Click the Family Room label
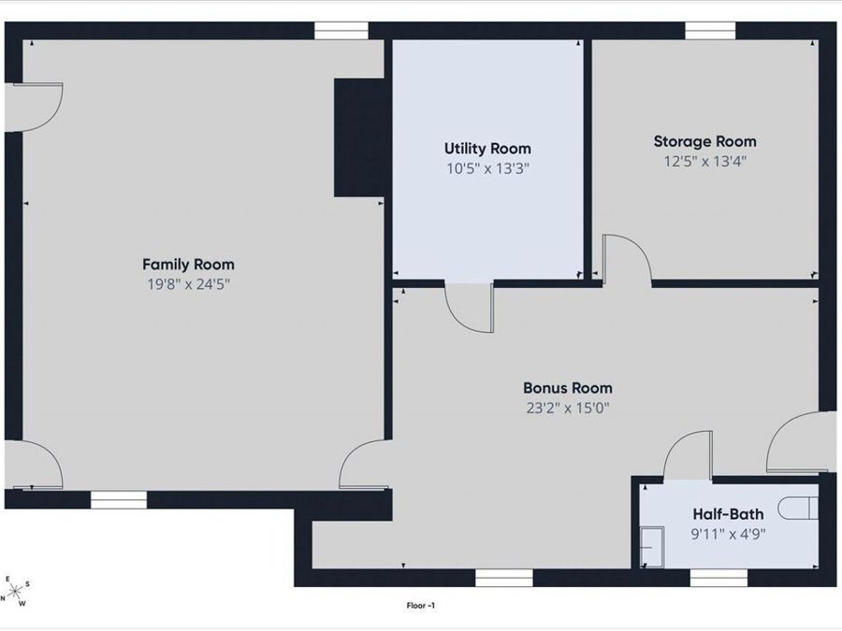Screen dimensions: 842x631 coord(188,264)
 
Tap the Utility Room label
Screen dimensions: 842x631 coord(487,149)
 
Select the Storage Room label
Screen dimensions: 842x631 coord(705,142)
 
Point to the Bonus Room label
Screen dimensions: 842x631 coord(568,388)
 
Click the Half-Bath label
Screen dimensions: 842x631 coord(728,514)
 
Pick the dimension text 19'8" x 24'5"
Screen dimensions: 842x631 coord(188,284)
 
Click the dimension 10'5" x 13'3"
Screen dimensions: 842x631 coord(488,168)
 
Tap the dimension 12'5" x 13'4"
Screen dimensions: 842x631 coord(705,161)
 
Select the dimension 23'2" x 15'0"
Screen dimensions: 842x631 coord(568,408)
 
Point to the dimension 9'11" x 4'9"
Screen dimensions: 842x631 coord(728,534)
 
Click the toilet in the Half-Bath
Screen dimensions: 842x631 coord(798,509)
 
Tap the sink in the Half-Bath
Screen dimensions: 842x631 coord(652,547)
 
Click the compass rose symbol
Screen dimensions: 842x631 coord(15,592)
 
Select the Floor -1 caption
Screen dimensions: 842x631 coord(421,606)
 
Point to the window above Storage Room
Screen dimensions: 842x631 coord(710,31)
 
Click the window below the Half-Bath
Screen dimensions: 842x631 coord(719,578)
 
